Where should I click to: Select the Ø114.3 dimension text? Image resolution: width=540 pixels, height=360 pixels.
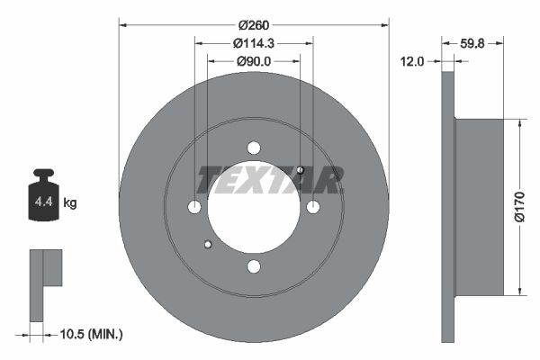(254, 43)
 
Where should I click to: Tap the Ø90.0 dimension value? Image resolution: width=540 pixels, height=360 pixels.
(254, 61)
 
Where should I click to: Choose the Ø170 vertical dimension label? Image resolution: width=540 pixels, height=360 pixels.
(519, 206)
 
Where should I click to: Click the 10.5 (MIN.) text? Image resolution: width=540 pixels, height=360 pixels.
(89, 334)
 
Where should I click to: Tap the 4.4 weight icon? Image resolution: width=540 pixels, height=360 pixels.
(43, 200)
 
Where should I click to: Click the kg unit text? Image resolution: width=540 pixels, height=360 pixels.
(70, 203)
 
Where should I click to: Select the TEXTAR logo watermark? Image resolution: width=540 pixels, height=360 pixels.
(270, 180)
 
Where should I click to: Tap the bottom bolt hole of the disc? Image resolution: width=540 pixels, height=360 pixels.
(254, 265)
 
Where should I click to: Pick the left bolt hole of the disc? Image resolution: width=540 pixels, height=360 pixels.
(195, 207)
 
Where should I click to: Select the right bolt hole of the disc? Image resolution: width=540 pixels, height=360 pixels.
(312, 207)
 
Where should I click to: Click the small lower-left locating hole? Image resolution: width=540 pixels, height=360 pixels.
(208, 244)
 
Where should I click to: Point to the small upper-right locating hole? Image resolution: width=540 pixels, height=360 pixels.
(301, 170)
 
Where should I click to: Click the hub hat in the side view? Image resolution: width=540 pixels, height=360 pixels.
(479, 207)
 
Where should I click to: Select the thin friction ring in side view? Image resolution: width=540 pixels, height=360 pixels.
(448, 207)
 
